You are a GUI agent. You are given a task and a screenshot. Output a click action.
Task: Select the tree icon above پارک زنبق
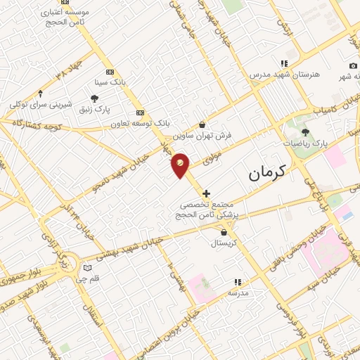point(95,99)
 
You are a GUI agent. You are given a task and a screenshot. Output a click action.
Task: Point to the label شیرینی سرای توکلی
point(41,104)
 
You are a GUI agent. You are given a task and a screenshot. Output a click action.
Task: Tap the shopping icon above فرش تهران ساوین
point(202,124)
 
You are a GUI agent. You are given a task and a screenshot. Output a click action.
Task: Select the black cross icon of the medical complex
point(205,193)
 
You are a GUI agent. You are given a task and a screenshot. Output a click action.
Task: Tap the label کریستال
point(224,243)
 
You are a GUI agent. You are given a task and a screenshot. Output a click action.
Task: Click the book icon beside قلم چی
point(87,267)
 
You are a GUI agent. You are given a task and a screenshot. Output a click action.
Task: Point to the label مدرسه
point(238,292)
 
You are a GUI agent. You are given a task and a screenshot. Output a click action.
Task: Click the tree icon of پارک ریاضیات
point(305,131)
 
